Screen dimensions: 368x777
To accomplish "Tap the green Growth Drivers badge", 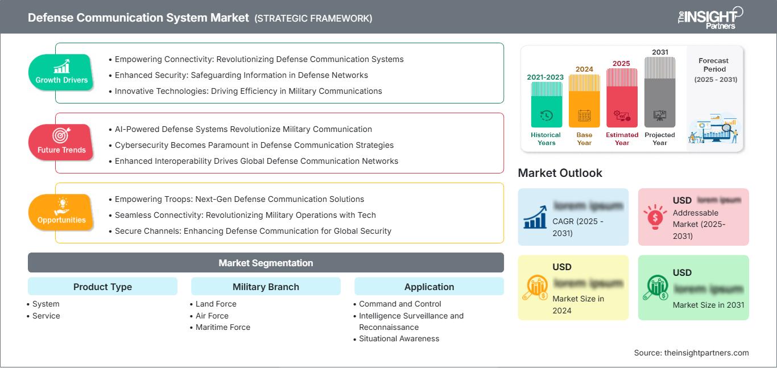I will click(61, 72).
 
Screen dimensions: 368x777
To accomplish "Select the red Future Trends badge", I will click(61, 142).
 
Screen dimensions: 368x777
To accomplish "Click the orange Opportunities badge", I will click(61, 212).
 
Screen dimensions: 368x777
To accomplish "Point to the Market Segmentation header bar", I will click(266, 263).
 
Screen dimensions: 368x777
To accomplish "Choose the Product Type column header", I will click(102, 287).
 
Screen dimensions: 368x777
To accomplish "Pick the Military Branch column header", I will click(266, 287).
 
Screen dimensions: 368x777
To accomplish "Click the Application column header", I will click(429, 287).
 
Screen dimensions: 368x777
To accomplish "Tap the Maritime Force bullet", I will click(222, 327).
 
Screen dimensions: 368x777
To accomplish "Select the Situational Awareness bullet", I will click(399, 338).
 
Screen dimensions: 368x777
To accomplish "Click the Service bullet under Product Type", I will click(46, 316).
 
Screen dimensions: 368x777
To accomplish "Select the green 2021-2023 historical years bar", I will click(546, 105).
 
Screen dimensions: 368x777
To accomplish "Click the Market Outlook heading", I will click(560, 173).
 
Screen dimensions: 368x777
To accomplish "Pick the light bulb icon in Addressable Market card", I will click(655, 217).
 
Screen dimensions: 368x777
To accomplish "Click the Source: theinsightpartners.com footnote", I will click(691, 353).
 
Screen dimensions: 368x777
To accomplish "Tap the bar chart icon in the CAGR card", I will click(535, 217).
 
